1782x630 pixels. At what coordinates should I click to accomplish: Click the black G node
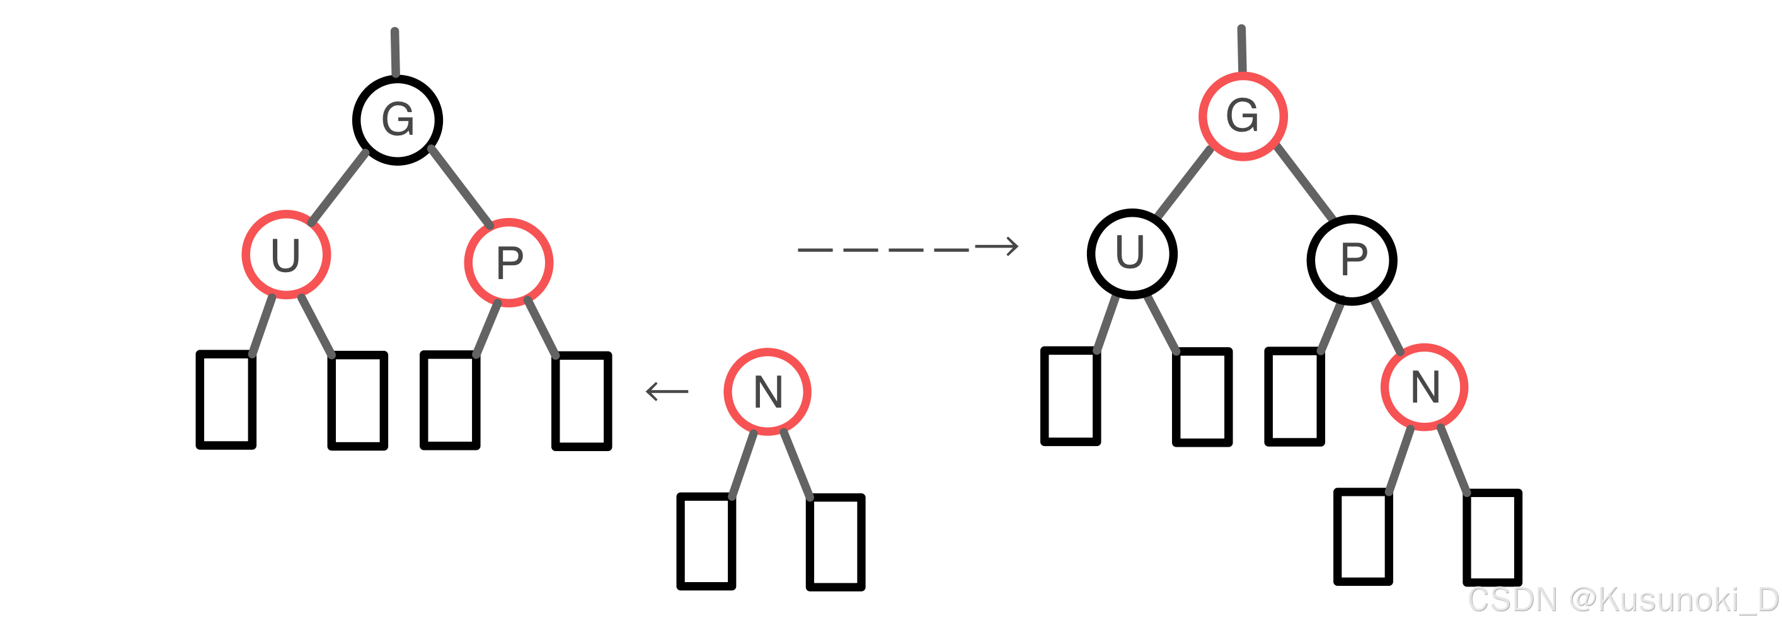(x=398, y=120)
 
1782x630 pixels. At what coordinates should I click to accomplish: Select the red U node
(x=285, y=255)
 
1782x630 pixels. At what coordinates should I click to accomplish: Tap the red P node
(x=509, y=262)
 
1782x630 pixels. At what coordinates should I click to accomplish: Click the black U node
(x=1132, y=253)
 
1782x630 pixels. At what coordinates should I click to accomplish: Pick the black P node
(x=1352, y=260)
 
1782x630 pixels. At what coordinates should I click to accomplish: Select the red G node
(x=1243, y=116)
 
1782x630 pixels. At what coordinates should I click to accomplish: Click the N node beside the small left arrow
(x=767, y=391)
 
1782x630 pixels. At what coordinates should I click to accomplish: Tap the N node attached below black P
(x=1424, y=387)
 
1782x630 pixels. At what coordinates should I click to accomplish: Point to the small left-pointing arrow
(x=666, y=391)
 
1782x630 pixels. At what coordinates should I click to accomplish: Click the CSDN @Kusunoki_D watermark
(x=1622, y=600)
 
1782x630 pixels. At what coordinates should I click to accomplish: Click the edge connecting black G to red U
(x=338, y=187)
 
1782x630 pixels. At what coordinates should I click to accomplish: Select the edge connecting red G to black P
(x=1304, y=182)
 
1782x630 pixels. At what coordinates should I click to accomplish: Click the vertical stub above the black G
(x=395, y=52)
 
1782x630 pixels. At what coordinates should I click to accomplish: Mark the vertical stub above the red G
(x=1242, y=49)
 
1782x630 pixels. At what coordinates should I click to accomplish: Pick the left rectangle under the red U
(x=226, y=399)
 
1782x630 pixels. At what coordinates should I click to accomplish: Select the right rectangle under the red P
(x=581, y=401)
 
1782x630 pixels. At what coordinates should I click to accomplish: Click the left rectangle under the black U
(x=1070, y=396)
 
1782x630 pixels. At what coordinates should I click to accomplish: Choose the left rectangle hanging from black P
(x=1294, y=396)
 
